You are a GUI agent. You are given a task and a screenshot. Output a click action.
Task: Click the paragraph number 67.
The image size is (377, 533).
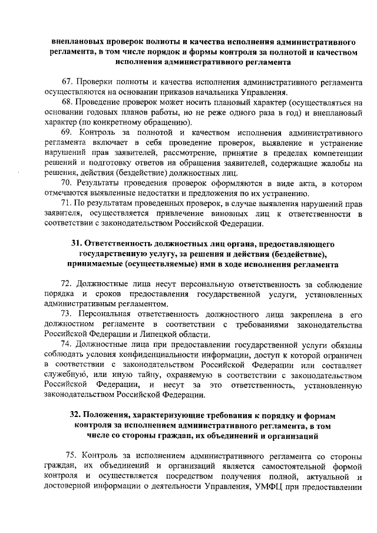[68, 81]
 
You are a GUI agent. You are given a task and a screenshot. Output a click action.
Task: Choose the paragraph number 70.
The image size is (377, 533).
[68, 183]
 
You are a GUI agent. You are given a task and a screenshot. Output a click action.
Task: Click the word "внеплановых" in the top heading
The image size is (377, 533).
[78, 41]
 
